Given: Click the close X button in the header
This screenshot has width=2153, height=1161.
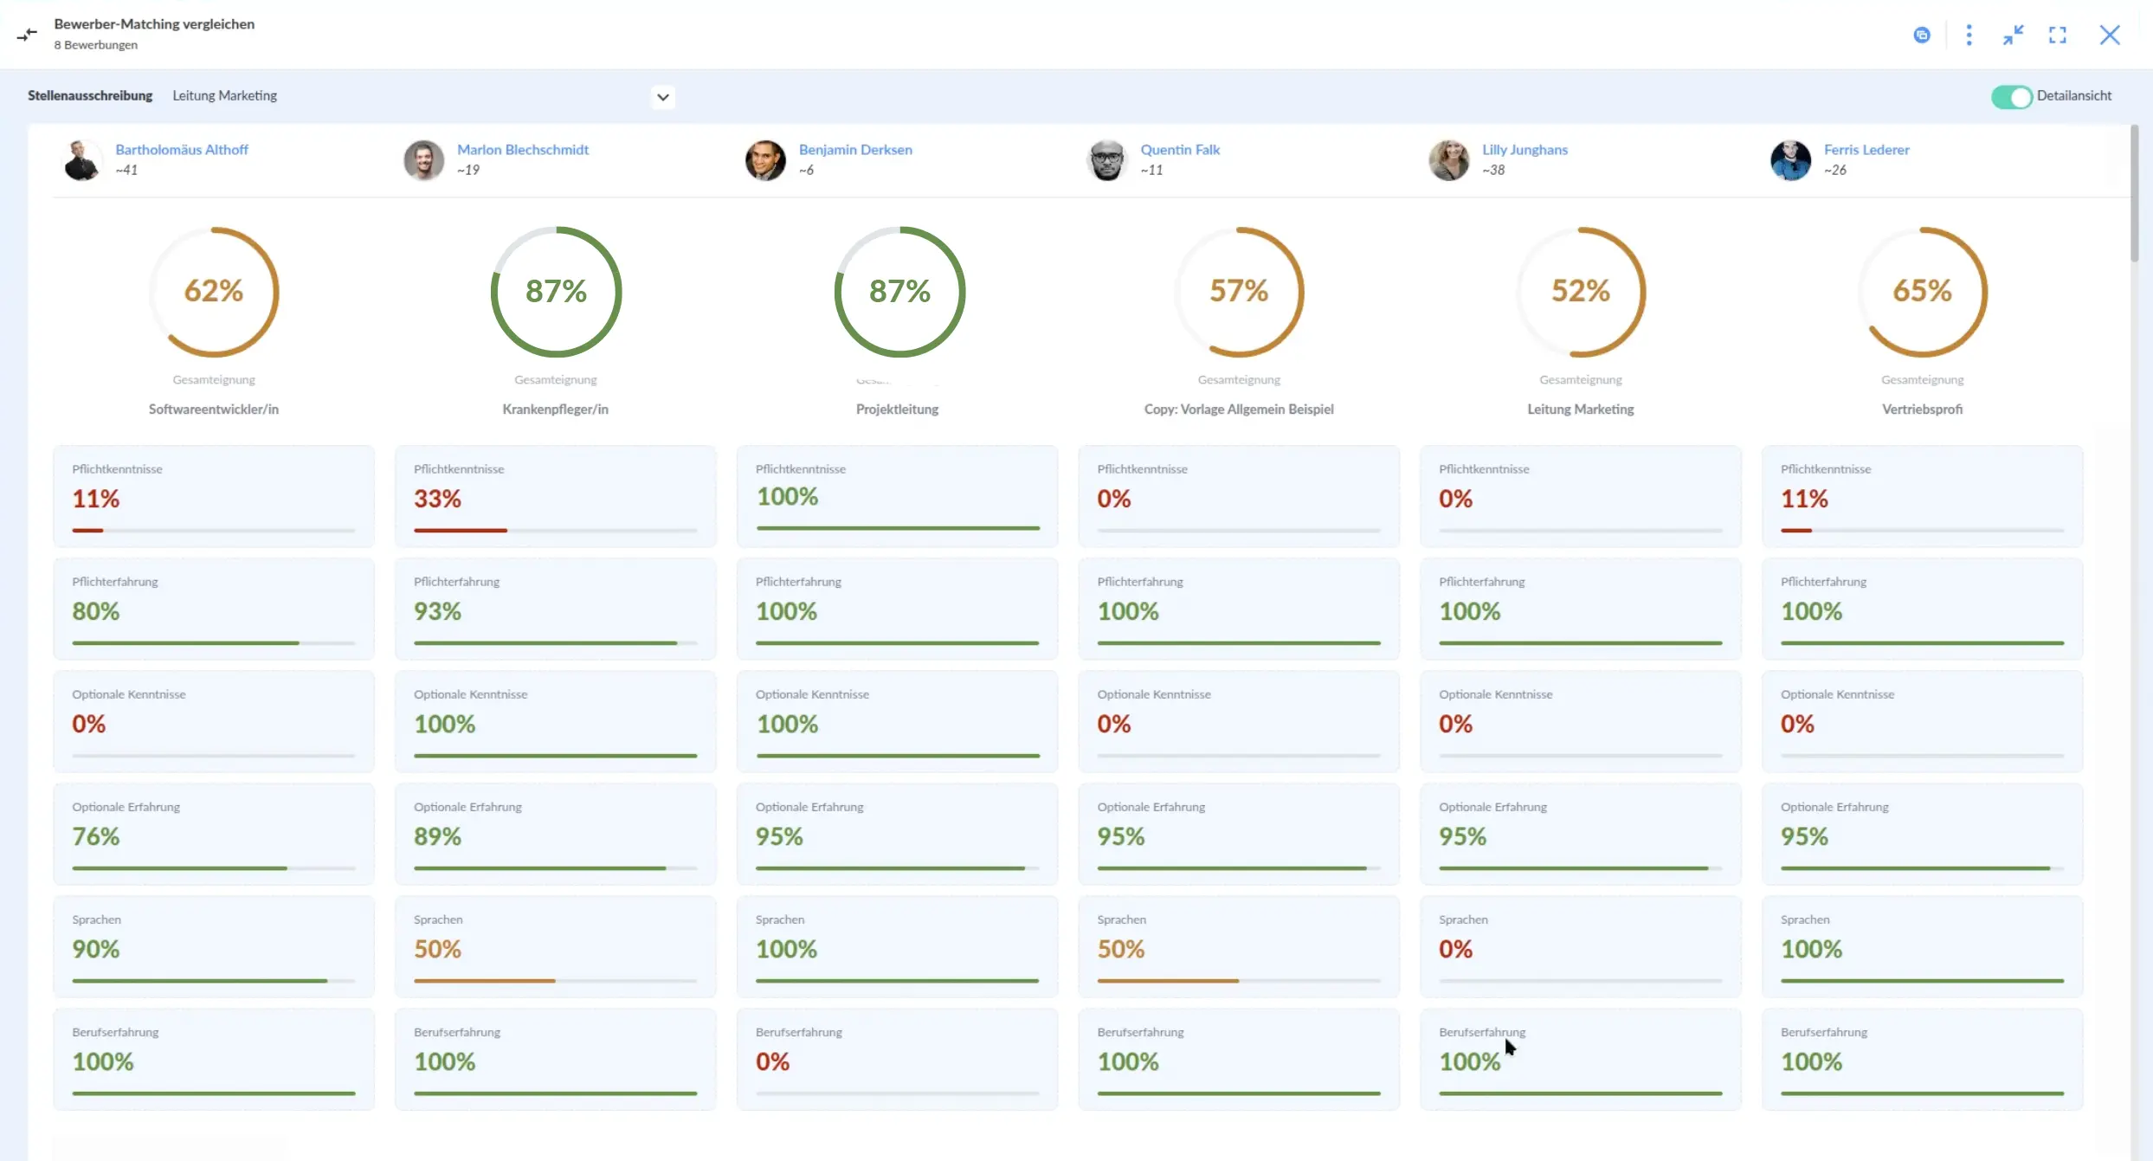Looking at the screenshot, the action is [x=2110, y=35].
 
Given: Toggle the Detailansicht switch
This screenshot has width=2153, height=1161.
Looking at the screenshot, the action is [x=2011, y=97].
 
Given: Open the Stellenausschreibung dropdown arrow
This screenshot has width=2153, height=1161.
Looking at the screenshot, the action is [x=663, y=97].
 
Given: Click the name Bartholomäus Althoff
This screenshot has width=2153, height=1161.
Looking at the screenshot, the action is [x=182, y=150].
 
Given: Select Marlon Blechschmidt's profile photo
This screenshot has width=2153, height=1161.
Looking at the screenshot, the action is [x=424, y=160].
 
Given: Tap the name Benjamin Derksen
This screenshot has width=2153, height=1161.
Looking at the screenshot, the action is [x=855, y=150].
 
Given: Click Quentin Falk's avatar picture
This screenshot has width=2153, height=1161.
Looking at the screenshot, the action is [x=1107, y=160].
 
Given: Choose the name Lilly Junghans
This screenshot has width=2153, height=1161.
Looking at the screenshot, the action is [x=1525, y=150].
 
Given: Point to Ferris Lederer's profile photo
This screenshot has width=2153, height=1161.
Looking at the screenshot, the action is [x=1791, y=160].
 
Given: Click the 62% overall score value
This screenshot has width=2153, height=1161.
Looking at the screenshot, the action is [x=214, y=291].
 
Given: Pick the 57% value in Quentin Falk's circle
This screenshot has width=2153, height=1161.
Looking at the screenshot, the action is [x=1239, y=291].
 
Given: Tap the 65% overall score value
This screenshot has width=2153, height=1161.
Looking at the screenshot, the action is [x=1923, y=291].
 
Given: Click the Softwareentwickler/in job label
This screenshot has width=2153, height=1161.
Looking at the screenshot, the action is [x=214, y=410].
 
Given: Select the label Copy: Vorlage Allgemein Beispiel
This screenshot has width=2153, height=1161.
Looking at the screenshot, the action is [x=1239, y=410].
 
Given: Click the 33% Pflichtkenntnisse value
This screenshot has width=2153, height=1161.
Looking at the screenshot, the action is [x=437, y=499].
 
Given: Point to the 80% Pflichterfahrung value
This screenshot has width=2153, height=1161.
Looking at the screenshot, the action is [x=96, y=611].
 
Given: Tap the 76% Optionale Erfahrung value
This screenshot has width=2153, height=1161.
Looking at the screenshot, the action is [x=96, y=836].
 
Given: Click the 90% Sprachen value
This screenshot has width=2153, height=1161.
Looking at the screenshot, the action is [x=96, y=949].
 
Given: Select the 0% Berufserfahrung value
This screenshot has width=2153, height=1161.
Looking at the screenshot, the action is [x=772, y=1061].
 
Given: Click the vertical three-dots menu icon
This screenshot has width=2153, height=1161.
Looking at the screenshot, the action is [x=1969, y=35].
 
